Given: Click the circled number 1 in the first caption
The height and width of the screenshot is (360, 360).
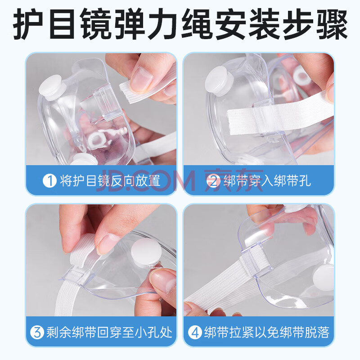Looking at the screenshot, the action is [x=49, y=180].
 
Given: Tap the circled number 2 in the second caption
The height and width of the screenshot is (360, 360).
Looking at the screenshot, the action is [x=213, y=181].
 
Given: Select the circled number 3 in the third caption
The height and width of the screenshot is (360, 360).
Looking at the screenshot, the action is [x=37, y=332].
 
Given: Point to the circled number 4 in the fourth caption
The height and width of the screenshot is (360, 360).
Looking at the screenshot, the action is [x=195, y=332].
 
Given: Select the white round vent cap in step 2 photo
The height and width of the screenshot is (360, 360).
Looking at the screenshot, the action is [x=219, y=81].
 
